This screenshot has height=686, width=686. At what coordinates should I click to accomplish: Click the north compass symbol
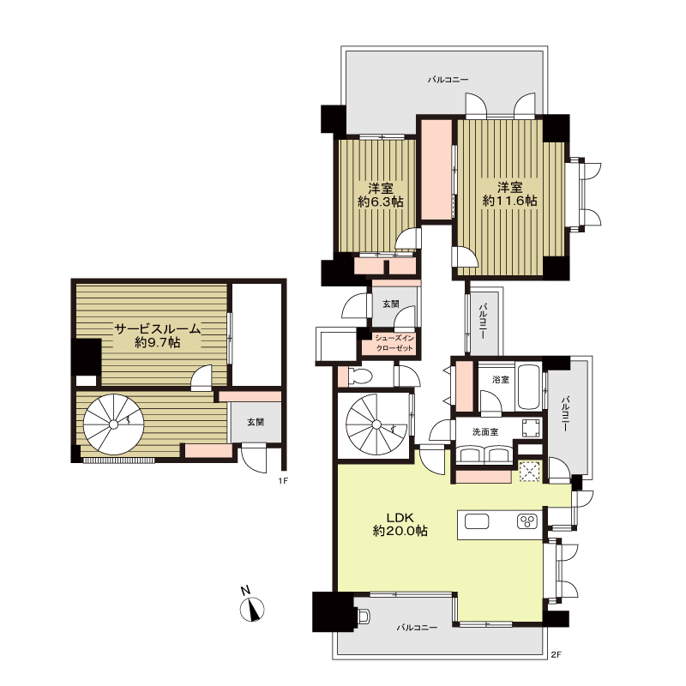click(x=251, y=605)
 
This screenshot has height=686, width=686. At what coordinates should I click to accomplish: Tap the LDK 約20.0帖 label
click(x=400, y=524)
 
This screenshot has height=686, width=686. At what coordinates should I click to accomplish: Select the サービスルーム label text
click(x=158, y=328)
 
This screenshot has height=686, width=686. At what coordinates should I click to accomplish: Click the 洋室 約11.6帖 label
click(x=509, y=194)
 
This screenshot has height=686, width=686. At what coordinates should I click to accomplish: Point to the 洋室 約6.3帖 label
click(x=380, y=196)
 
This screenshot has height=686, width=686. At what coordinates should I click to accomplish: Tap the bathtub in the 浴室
click(x=529, y=387)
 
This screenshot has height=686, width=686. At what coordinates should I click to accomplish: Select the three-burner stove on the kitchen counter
click(x=527, y=521)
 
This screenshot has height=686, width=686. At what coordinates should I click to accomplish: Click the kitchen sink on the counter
click(x=477, y=521)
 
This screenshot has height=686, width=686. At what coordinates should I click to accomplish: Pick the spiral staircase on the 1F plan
click(x=113, y=424)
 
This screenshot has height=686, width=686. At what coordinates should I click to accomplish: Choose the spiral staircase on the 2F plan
click(x=376, y=424)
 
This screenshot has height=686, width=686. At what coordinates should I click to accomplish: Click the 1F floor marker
click(x=283, y=481)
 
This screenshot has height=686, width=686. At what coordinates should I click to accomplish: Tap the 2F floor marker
click(x=556, y=655)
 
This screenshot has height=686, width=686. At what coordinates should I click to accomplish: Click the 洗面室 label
click(x=485, y=432)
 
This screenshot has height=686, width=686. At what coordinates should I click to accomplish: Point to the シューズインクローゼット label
click(x=394, y=343)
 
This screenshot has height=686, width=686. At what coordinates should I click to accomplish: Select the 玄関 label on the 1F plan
click(x=256, y=422)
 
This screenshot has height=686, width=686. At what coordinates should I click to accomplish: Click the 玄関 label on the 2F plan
click(x=391, y=304)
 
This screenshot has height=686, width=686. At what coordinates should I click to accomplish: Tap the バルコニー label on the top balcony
click(x=448, y=80)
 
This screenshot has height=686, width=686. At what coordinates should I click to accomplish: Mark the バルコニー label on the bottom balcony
click(x=417, y=628)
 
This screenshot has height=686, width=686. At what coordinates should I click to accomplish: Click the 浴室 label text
click(x=501, y=379)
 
